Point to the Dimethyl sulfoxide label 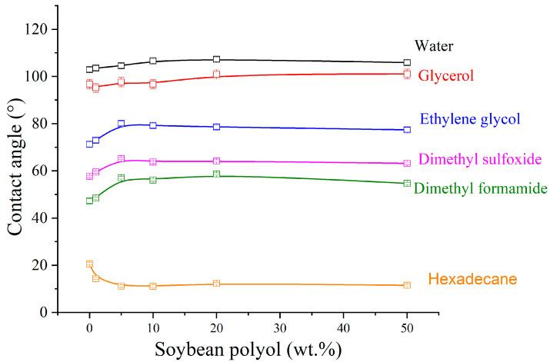tap(481, 159)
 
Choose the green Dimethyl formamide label tap(480, 188)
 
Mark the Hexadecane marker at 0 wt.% tap(89, 264)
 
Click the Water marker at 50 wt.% tap(407, 62)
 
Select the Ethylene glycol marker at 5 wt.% tap(121, 124)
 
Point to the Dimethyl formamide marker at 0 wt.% tap(89, 201)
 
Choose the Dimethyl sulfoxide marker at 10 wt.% tap(153, 161)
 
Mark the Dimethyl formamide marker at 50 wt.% tap(407, 183)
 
